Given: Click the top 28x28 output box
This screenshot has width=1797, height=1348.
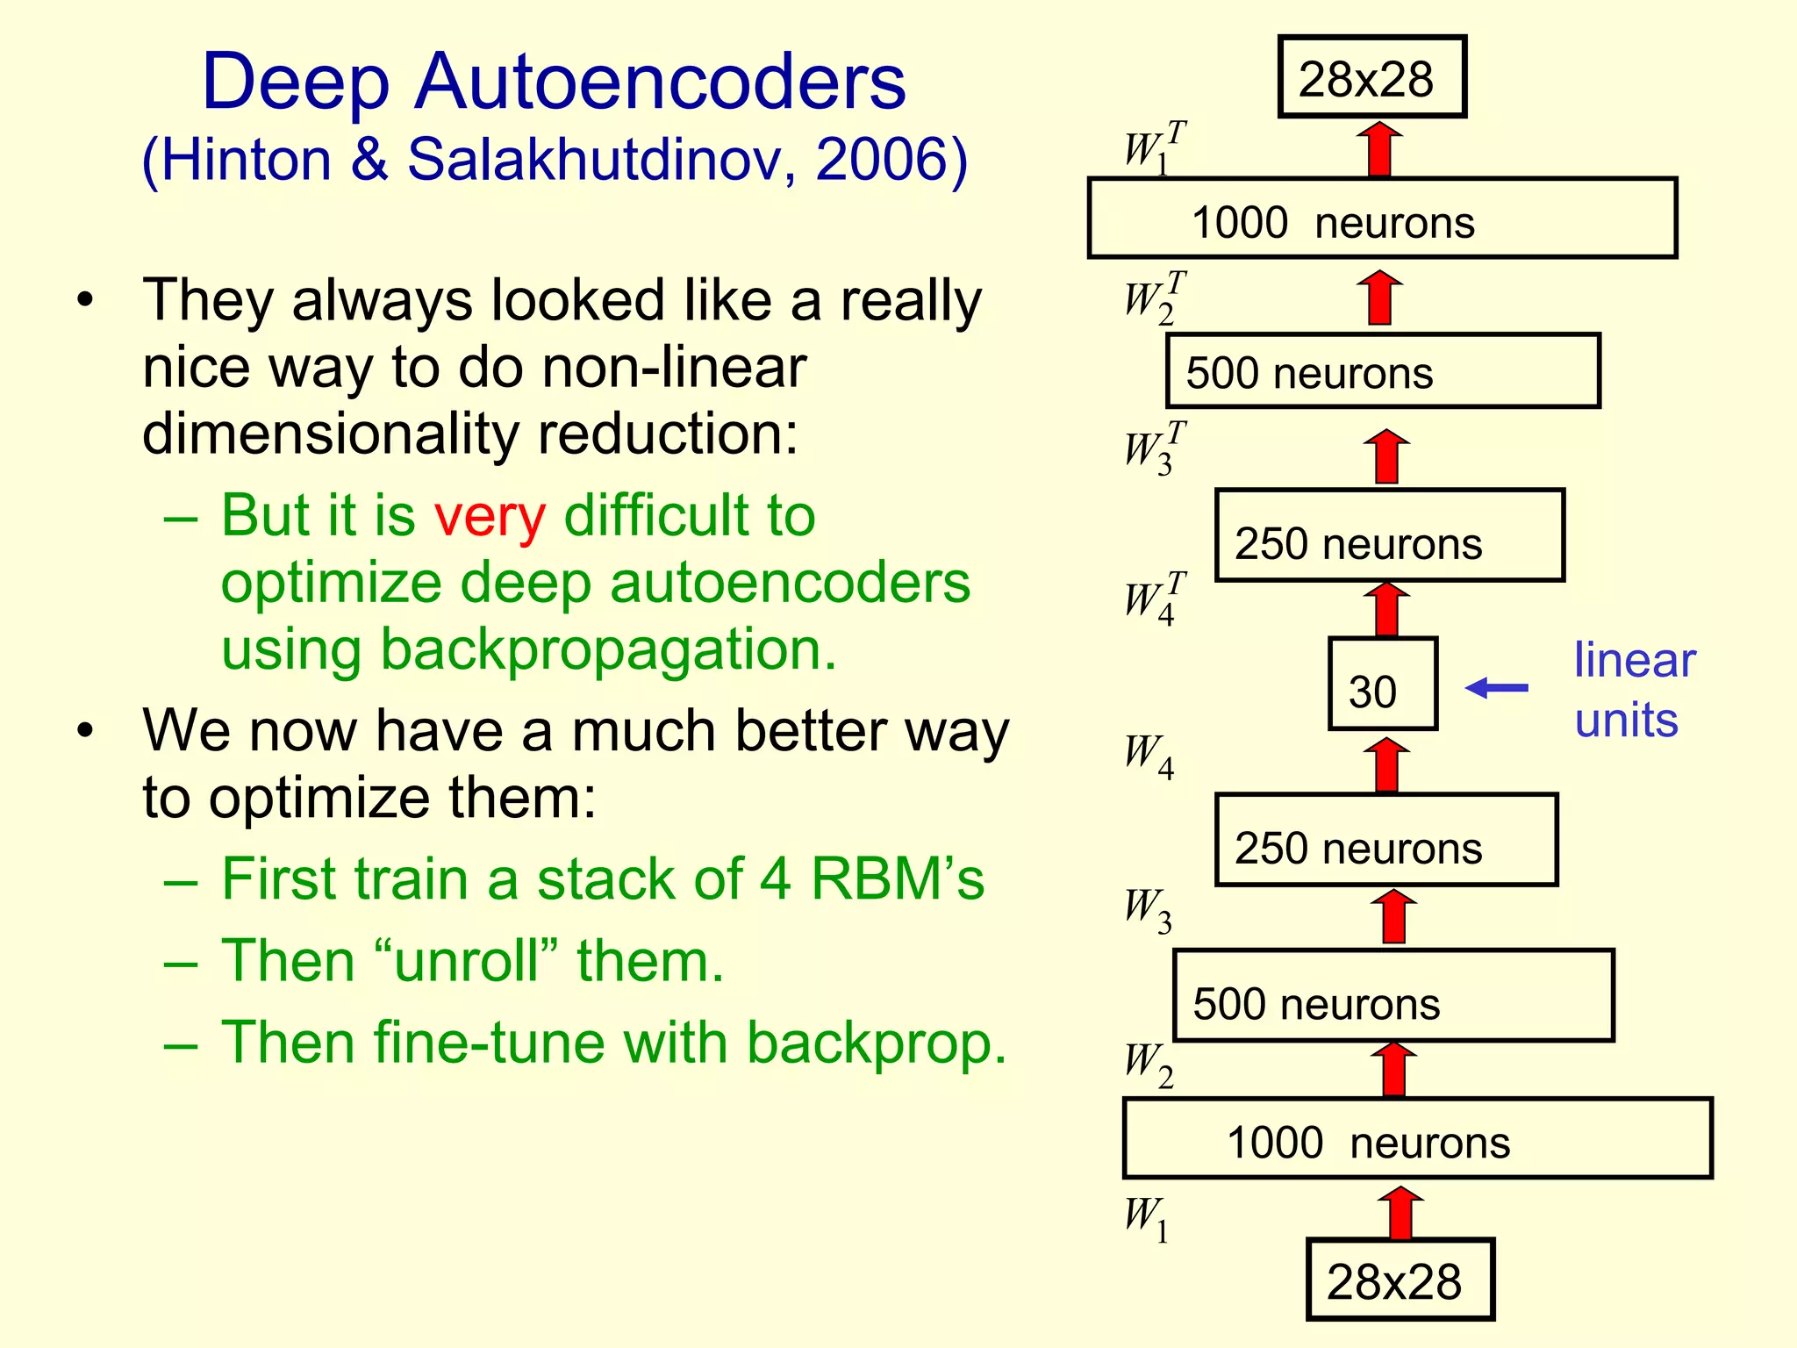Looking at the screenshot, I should tap(1371, 77).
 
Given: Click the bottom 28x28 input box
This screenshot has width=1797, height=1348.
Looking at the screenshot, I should tap(1400, 1280).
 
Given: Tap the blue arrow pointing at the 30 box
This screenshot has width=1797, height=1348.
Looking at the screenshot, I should tap(1498, 687).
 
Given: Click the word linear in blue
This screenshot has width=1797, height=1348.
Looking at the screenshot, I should tap(1634, 660).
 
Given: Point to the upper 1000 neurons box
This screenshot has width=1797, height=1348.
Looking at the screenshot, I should tap(1382, 219).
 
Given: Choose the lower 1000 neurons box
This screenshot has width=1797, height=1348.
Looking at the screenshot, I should tap(1417, 1138).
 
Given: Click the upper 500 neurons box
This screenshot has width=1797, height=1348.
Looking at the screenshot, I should tap(1382, 371).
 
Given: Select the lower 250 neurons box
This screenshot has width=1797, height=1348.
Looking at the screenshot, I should tap(1386, 840).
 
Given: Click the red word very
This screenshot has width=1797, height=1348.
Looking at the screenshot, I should tap(490, 516).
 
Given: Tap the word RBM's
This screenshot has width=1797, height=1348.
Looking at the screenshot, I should tap(897, 878).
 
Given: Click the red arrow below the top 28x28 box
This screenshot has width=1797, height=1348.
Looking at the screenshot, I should tap(1379, 149).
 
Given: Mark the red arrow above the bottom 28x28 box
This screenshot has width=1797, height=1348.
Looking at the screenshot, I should tap(1400, 1213).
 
